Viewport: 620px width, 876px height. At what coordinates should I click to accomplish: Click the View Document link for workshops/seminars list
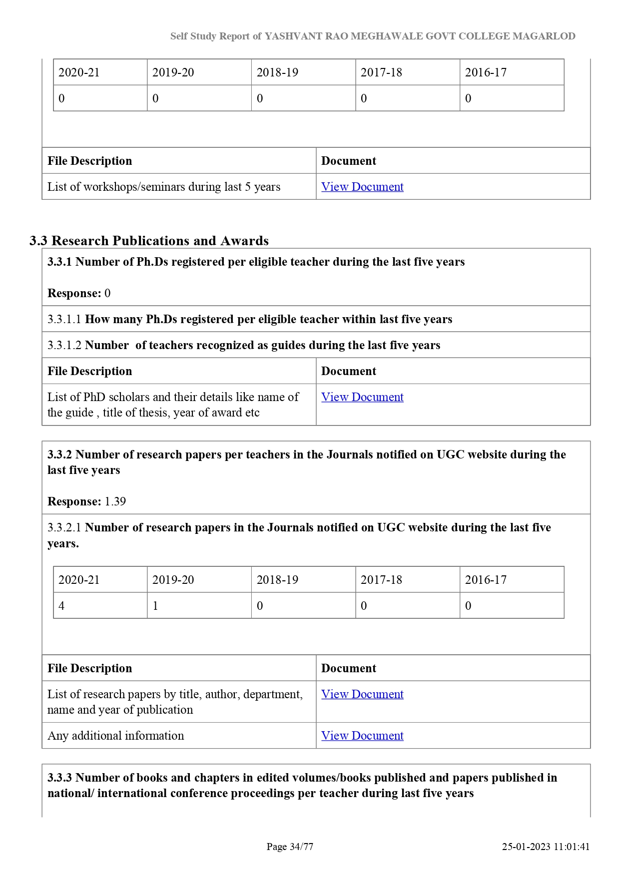pos(362,187)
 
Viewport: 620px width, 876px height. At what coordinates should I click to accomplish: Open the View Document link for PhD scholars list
pos(362,397)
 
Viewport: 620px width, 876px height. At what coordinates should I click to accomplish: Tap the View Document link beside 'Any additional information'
pos(362,736)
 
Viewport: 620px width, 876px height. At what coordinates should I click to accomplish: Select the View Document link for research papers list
pos(362,694)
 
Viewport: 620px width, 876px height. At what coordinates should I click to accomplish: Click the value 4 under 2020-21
pos(61,606)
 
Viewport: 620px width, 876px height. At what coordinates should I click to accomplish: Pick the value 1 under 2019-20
pos(155,606)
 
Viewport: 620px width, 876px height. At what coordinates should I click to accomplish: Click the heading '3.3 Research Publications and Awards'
pos(149,241)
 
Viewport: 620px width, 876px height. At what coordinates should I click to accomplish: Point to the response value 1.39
pos(115,501)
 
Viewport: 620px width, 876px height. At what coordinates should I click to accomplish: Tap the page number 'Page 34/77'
pos(290,847)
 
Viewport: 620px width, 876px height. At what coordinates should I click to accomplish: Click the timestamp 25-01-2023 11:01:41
pos(546,847)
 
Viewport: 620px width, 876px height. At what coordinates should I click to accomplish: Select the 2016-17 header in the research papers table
pos(486,580)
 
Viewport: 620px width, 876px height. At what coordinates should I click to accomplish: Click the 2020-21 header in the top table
pos(79,72)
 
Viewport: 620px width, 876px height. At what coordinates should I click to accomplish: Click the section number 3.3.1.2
pos(64,345)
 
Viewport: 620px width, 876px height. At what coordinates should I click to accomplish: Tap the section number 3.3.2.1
pos(64,527)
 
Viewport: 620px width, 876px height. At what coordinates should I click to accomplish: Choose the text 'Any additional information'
pos(115,736)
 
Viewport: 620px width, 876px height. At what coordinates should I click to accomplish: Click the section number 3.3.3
pos(59,778)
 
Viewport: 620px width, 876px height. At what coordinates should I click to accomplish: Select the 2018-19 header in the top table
pos(277,72)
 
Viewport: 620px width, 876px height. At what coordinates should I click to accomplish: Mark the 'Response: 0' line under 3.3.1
pos(79,293)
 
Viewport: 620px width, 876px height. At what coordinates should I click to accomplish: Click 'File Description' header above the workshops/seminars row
pos(90,161)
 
